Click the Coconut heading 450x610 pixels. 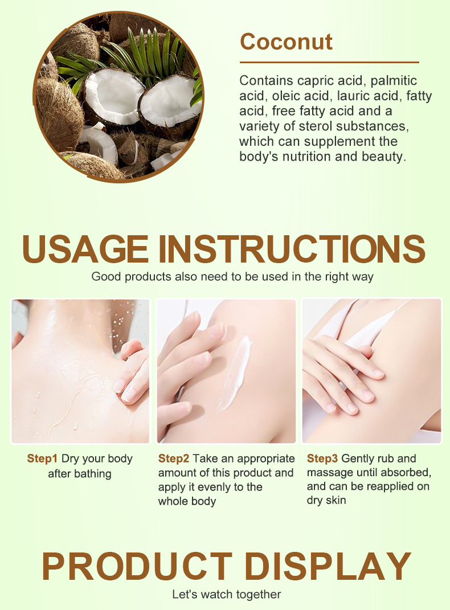tap(287, 42)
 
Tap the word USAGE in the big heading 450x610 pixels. tap(85, 249)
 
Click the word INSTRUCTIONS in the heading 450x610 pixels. tap(292, 249)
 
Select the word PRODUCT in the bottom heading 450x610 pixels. tap(137, 566)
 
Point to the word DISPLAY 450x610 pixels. tap(328, 566)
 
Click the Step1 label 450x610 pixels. tap(42, 458)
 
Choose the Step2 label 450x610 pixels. tap(174, 458)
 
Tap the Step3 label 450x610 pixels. tap(322, 458)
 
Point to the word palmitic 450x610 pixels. tap(393, 81)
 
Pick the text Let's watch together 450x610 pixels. tap(226, 595)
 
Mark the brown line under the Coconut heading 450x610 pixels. tap(329, 62)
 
